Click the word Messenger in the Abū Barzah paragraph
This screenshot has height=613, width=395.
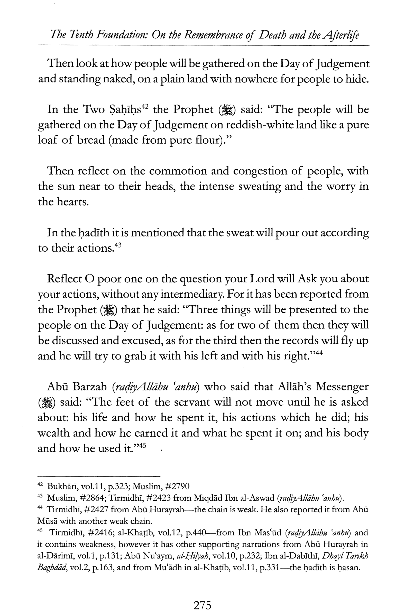342,387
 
